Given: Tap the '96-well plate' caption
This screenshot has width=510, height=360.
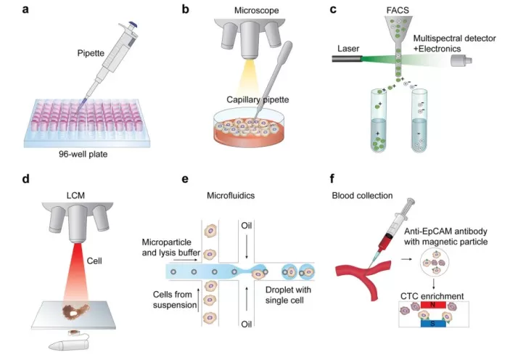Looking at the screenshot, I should [87, 153].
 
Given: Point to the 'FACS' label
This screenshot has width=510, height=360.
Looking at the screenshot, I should [398, 11].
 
